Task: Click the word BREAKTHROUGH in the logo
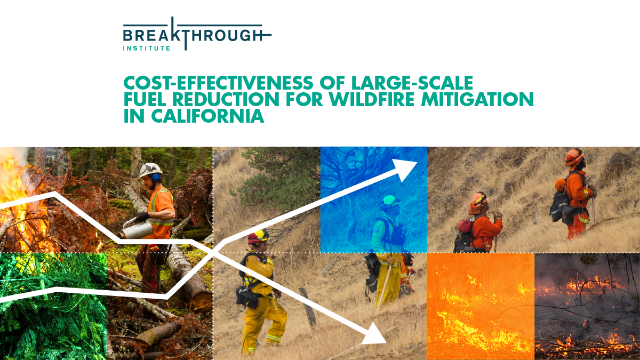tap(193, 35)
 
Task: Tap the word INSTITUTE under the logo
tap(147, 49)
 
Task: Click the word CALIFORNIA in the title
tap(207, 116)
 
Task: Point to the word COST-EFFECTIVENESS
tap(218, 83)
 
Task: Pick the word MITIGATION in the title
tap(477, 99)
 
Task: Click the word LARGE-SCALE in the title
tap(412, 83)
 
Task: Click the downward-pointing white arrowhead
tap(375, 334)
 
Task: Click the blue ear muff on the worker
tap(156, 178)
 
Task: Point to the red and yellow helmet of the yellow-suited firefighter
tap(259, 237)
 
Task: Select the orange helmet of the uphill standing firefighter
tap(574, 157)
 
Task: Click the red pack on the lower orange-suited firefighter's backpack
tap(465, 226)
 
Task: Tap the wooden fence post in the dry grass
tap(308, 307)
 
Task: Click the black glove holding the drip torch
tap(141, 217)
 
